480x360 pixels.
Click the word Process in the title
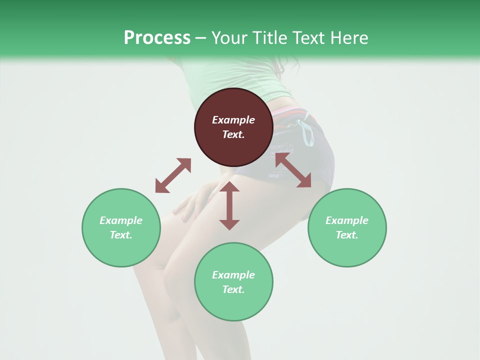coord(157,38)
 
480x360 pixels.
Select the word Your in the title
coord(229,38)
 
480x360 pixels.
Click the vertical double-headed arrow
coord(229,205)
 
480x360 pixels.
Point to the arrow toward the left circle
coord(173,175)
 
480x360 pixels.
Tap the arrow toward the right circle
coord(293,170)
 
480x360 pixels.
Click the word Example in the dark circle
coord(233,120)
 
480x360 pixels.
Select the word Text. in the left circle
coord(121,235)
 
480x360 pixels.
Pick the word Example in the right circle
coord(347,220)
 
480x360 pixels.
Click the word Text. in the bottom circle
coord(233,289)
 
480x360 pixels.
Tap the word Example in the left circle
coord(121,220)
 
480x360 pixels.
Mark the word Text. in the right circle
coord(347,235)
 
